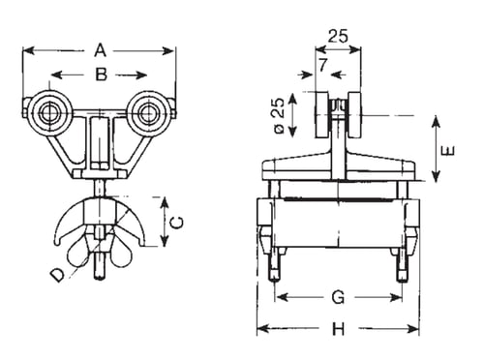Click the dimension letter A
pyautogui.click(x=100, y=51)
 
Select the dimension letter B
pyautogui.click(x=101, y=75)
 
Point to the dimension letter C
pyautogui.click(x=177, y=223)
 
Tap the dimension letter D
pyautogui.click(x=58, y=275)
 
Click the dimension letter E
pyautogui.click(x=448, y=151)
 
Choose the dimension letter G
pyautogui.click(x=338, y=297)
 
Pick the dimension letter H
pyautogui.click(x=339, y=329)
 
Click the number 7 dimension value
pyautogui.click(x=322, y=65)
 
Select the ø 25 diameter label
pyautogui.click(x=279, y=115)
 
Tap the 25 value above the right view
pyautogui.click(x=338, y=36)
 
